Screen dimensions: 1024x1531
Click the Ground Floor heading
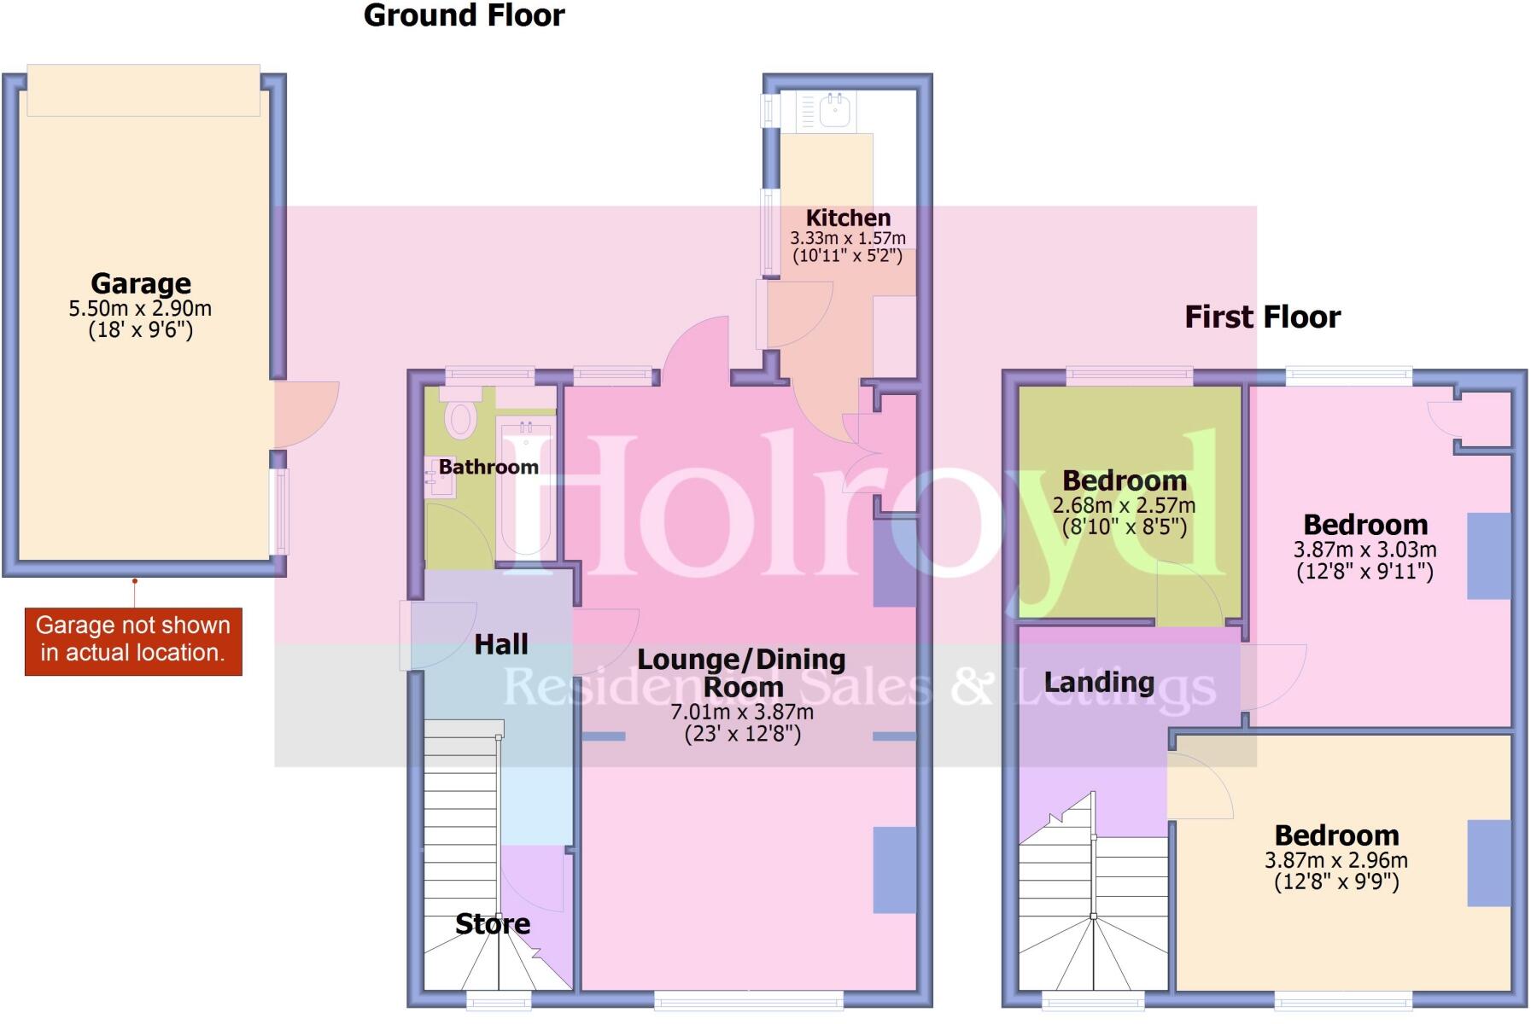point(464,15)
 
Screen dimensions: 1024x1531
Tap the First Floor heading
point(1262,317)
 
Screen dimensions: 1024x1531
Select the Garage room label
point(141,283)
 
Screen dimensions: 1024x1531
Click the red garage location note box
point(133,641)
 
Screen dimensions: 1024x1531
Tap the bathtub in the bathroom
point(526,486)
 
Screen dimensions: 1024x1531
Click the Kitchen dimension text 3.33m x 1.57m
point(848,239)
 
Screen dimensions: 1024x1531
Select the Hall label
point(501,644)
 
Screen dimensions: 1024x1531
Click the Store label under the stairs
point(493,924)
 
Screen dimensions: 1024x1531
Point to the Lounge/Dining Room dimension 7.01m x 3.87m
point(742,712)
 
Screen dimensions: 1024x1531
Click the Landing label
point(1099,683)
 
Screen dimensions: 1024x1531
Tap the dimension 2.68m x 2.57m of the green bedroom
point(1124,505)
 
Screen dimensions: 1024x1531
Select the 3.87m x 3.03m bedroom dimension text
point(1364,550)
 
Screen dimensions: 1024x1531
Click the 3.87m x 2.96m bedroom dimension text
point(1336,860)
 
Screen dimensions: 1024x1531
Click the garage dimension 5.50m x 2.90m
point(141,309)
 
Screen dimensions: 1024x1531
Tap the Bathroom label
point(488,467)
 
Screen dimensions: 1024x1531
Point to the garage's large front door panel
point(143,90)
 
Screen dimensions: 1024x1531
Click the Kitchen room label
point(848,218)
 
